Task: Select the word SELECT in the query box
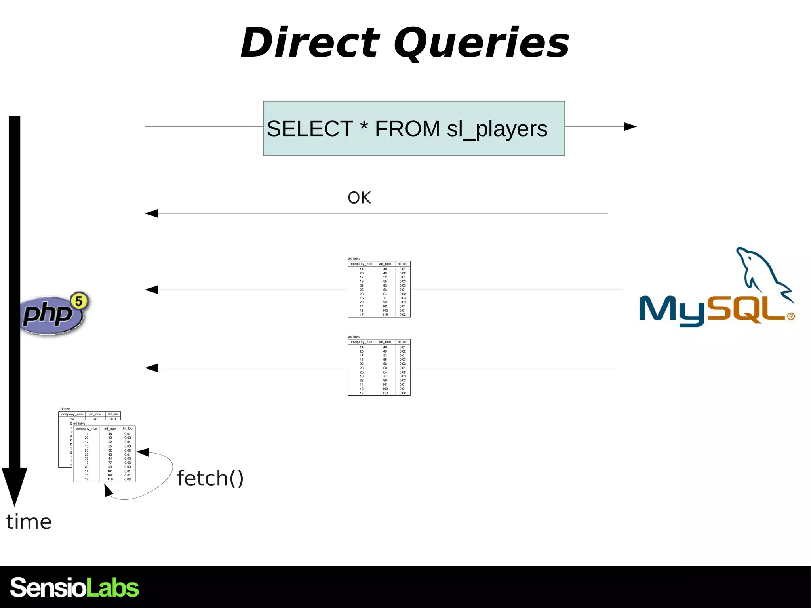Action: click(x=310, y=129)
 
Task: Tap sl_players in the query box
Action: click(x=497, y=129)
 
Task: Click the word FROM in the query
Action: click(x=407, y=129)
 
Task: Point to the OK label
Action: click(x=359, y=198)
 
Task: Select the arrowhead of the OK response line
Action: click(x=151, y=213)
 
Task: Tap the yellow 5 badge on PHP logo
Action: click(x=79, y=301)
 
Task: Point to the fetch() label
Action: click(x=210, y=478)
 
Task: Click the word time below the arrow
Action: click(x=29, y=522)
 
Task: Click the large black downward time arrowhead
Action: click(x=15, y=485)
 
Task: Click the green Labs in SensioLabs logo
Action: click(x=112, y=587)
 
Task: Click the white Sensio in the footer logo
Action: click(x=48, y=587)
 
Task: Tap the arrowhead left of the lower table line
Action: click(x=151, y=368)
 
